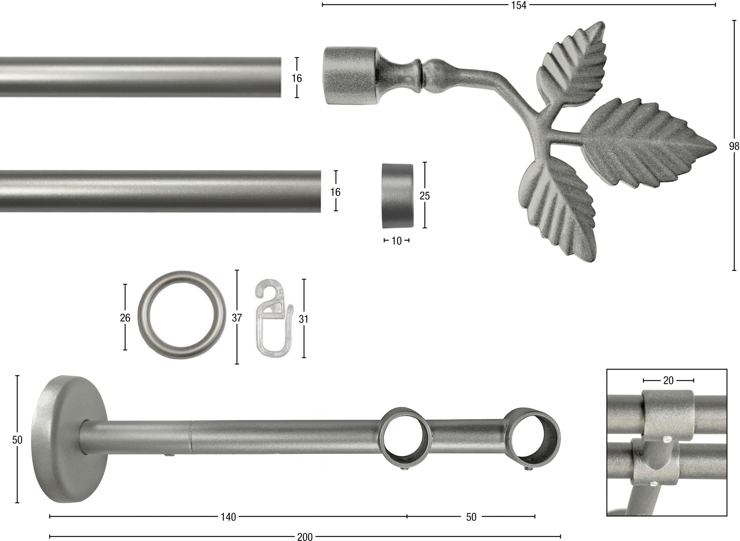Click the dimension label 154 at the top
(519, 5)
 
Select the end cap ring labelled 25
(397, 196)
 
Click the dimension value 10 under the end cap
(396, 241)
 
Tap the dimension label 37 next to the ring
(236, 318)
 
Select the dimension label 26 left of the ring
(125, 318)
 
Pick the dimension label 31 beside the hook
(303, 319)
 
